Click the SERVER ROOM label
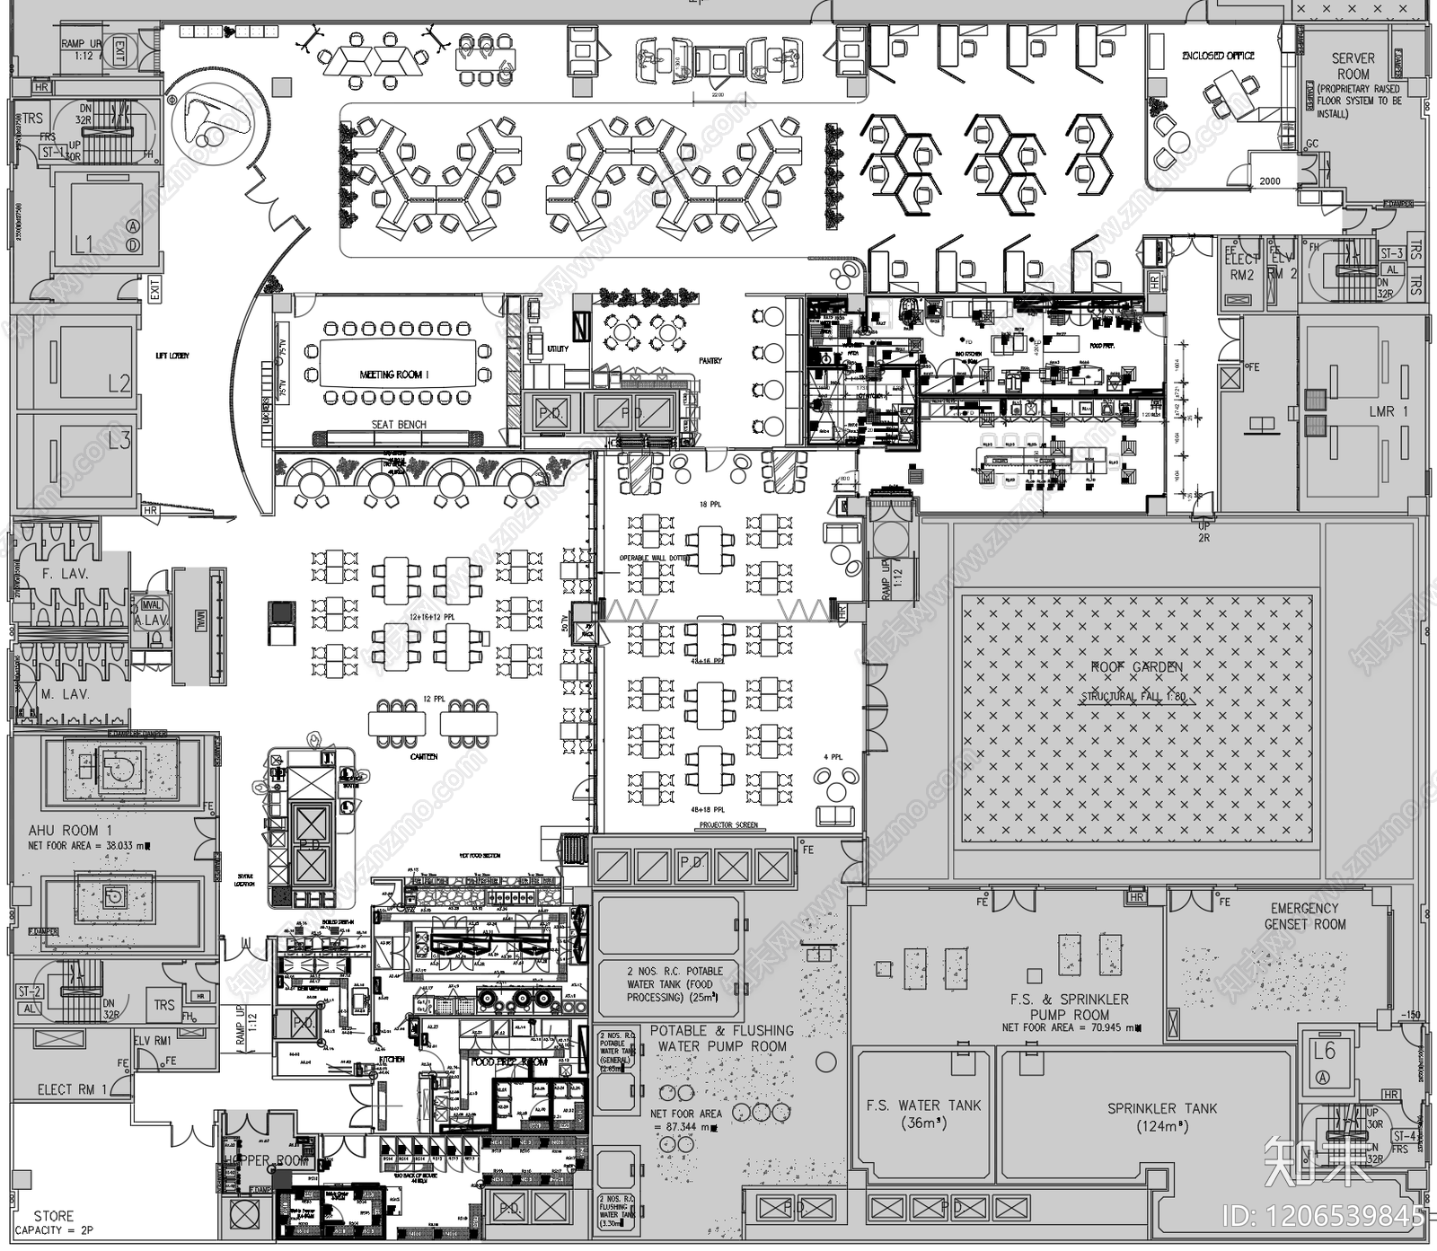pyautogui.click(x=1353, y=66)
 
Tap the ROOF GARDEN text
pyautogui.click(x=1136, y=667)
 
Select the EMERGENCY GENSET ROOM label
pyautogui.click(x=1305, y=916)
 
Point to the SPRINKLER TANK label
pyautogui.click(x=1162, y=1117)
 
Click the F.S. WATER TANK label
pyautogui.click(x=922, y=1114)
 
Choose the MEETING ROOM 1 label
pyautogui.click(x=394, y=374)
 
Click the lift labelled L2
pyautogui.click(x=119, y=383)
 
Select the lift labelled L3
pyautogui.click(x=119, y=440)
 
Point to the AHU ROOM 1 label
pyautogui.click(x=70, y=831)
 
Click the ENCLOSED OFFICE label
pyautogui.click(x=1218, y=56)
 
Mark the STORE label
pyautogui.click(x=54, y=1216)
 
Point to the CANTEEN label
pyautogui.click(x=424, y=757)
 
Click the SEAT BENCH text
pyautogui.click(x=399, y=425)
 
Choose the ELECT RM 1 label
pyautogui.click(x=72, y=1089)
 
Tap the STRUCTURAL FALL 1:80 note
pyautogui.click(x=1133, y=696)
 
